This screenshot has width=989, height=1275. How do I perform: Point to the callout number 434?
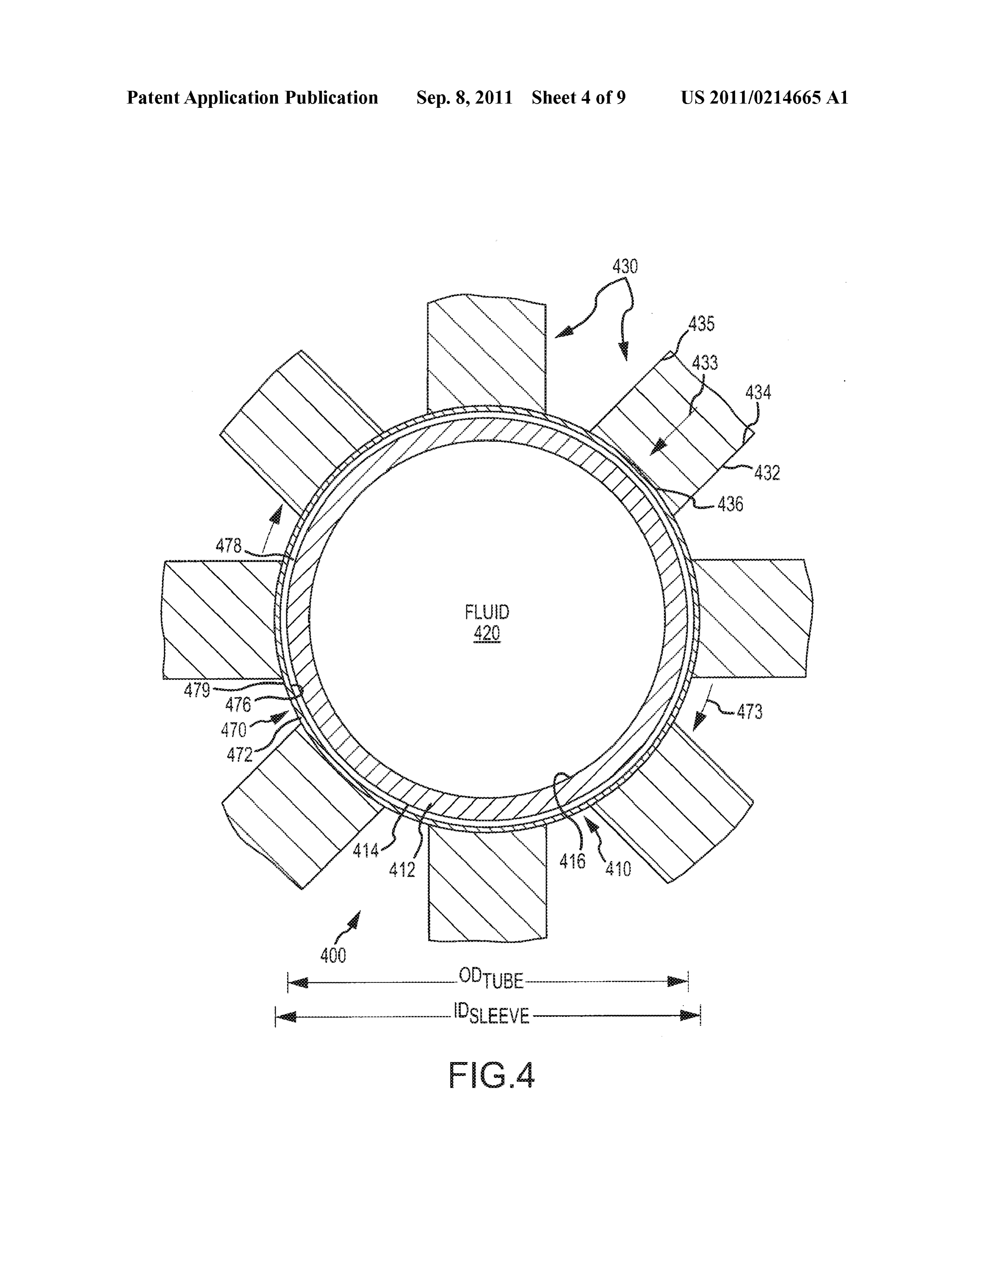(x=758, y=392)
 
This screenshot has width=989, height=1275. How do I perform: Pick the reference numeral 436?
(x=731, y=504)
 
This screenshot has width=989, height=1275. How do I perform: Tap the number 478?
(x=228, y=546)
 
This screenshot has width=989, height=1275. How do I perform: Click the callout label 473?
(x=749, y=712)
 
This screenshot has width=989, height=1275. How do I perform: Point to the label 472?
(x=240, y=755)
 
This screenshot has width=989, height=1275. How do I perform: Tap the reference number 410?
(x=618, y=869)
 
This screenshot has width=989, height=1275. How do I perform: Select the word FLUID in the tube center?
(x=487, y=612)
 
